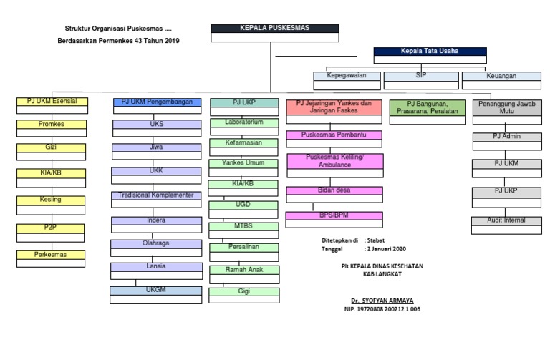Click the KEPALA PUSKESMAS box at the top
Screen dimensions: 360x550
click(271, 29)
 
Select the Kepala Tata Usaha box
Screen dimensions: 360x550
click(430, 52)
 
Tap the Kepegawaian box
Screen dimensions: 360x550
click(346, 74)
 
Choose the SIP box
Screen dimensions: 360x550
click(421, 74)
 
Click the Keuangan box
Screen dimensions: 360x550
click(499, 75)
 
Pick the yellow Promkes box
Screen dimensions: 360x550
click(52, 124)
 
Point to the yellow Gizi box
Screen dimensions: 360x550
click(52, 147)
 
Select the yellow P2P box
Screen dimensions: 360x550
click(52, 228)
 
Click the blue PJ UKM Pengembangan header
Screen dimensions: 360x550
click(157, 102)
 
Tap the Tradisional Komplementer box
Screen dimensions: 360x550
click(156, 195)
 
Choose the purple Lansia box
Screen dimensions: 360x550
click(156, 266)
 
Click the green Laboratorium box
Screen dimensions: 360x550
click(243, 122)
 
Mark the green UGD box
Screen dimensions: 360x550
click(243, 205)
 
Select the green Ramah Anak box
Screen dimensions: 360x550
click(243, 270)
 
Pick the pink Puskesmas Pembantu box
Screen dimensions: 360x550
click(333, 135)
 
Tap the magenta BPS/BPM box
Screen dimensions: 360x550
click(333, 215)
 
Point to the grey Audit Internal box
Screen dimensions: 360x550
click(507, 220)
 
